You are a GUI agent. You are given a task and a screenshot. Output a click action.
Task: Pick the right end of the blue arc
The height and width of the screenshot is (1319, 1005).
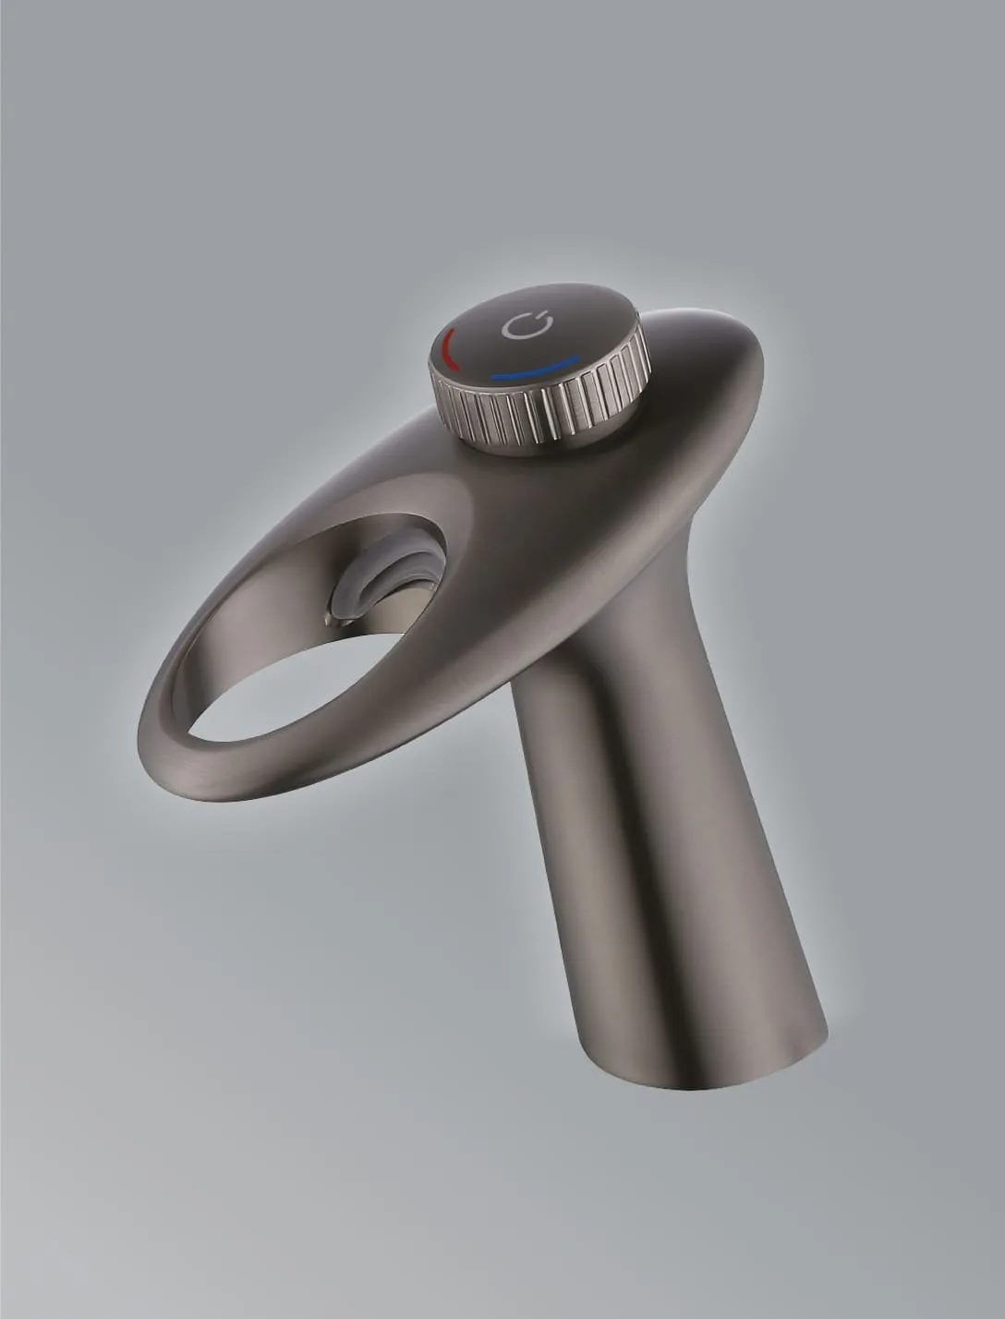click(x=578, y=357)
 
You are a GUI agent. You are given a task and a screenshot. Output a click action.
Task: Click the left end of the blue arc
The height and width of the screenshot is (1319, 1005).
click(x=494, y=377)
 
